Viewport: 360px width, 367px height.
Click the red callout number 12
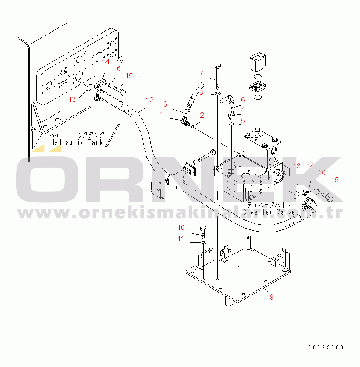point(149,100)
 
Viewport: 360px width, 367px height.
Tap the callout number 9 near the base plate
point(272,297)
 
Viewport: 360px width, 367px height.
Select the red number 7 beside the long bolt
point(201,73)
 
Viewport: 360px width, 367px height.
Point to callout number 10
point(181,227)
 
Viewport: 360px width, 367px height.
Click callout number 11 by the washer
point(181,239)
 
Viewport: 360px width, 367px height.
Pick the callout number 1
point(161,114)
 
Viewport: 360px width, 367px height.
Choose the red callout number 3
point(165,104)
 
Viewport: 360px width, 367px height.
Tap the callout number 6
point(243,100)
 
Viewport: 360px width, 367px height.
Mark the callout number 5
point(243,121)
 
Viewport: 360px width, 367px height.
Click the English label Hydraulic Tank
point(76,142)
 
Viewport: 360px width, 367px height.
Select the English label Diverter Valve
point(269,212)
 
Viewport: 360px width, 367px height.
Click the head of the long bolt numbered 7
point(217,66)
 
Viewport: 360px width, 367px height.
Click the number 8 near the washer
point(201,92)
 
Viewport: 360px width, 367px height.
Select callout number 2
point(202,115)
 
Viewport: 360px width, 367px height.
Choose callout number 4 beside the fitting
point(243,110)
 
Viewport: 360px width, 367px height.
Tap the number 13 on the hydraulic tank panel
point(72,99)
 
